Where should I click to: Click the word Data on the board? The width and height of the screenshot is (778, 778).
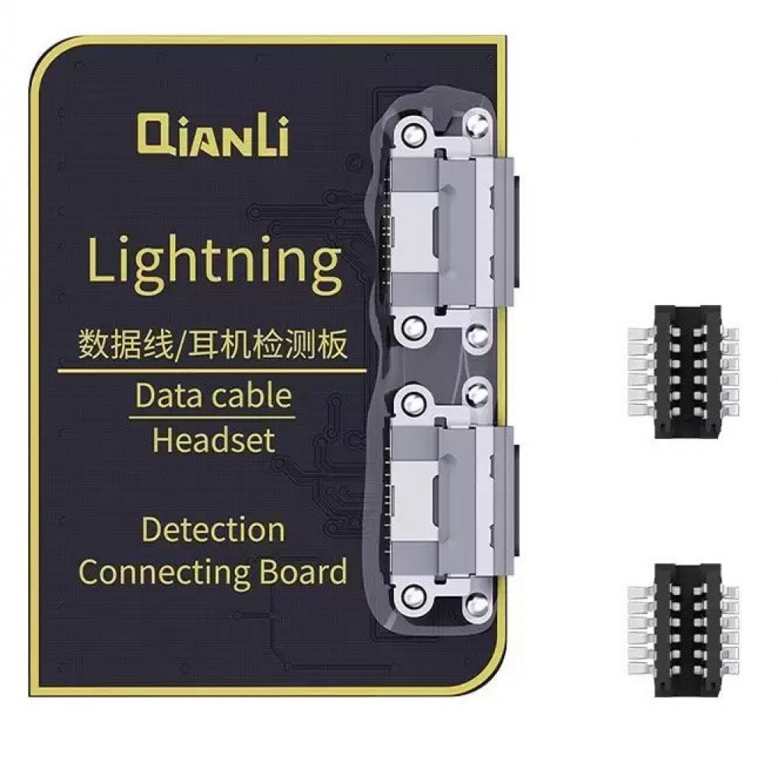pos(166,396)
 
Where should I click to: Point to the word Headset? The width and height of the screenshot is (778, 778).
pos(213,440)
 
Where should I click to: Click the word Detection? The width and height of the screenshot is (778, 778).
pos(212,531)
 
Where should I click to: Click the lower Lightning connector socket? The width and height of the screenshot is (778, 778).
pos(447,498)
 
